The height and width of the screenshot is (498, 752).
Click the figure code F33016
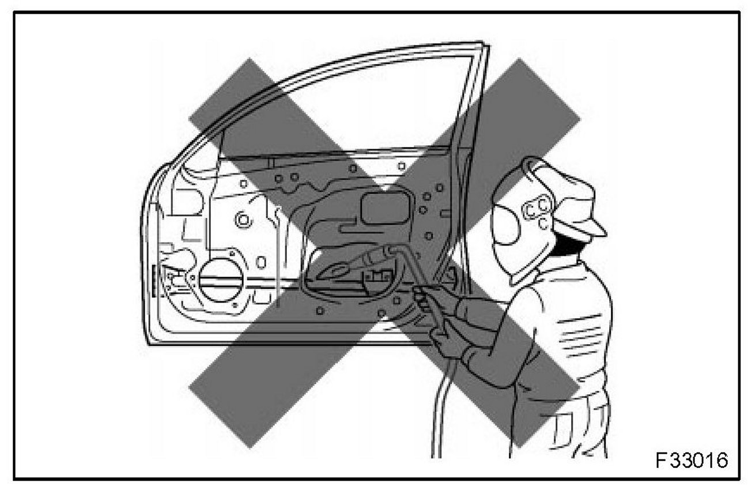691,460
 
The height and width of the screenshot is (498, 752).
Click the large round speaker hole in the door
221,280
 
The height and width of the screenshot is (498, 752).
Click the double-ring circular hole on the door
242,219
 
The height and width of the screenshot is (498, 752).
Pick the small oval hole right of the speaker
261,262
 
